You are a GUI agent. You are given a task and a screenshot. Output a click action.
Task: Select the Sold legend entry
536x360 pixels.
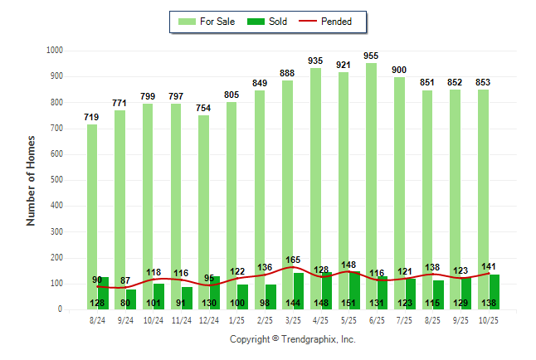(267, 22)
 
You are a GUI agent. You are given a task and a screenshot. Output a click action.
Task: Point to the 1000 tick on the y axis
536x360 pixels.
(56, 51)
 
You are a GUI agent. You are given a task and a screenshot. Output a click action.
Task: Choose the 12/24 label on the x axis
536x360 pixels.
(209, 320)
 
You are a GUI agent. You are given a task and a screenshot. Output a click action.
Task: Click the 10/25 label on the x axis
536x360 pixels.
(489, 320)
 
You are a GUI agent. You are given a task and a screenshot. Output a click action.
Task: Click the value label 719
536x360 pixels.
(92, 117)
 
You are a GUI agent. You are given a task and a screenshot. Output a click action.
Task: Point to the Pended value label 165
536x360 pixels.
(293, 260)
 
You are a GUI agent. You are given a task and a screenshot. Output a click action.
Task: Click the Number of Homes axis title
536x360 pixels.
(31, 180)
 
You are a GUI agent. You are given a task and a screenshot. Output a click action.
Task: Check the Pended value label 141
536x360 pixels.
(489, 266)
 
